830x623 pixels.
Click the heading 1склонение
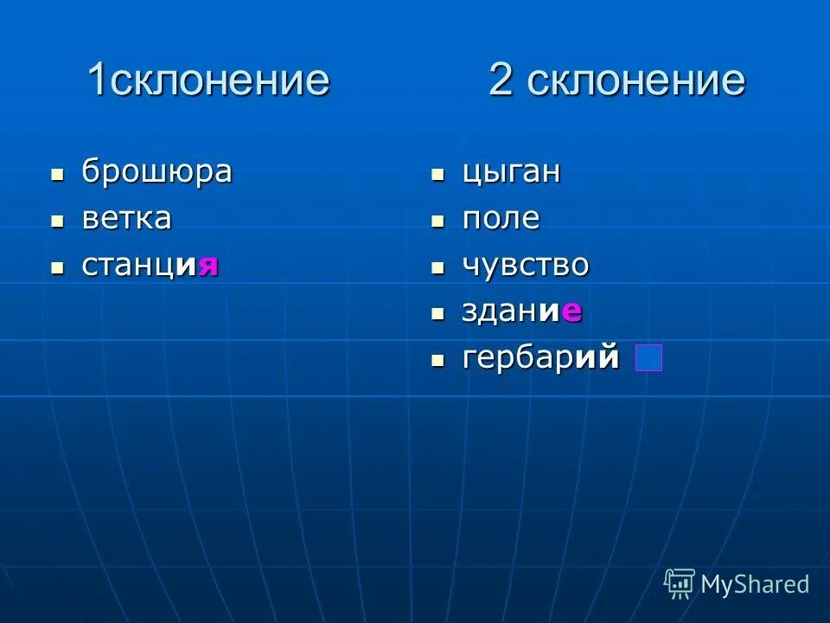pyautogui.click(x=207, y=80)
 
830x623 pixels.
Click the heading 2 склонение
pyautogui.click(x=616, y=80)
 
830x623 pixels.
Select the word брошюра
pyautogui.click(x=156, y=171)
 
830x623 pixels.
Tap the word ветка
pyautogui.click(x=126, y=218)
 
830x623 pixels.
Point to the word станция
pyautogui.click(x=150, y=264)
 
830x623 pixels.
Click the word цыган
pyautogui.click(x=511, y=172)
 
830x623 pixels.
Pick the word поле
pyautogui.click(x=501, y=218)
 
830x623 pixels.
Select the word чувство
pyautogui.click(x=526, y=265)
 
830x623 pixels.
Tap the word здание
pyautogui.click(x=521, y=311)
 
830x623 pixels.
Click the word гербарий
pyautogui.click(x=540, y=356)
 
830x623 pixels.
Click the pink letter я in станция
pyautogui.click(x=207, y=265)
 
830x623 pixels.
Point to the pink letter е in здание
pyautogui.click(x=571, y=311)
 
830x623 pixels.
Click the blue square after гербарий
pyautogui.click(x=648, y=357)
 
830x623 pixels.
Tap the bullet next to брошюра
pyautogui.click(x=58, y=174)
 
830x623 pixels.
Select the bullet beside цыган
pyautogui.click(x=438, y=174)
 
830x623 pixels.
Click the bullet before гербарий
pyautogui.click(x=438, y=358)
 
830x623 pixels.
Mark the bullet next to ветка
pyautogui.click(x=58, y=221)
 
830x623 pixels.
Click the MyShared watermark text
pyautogui.click(x=755, y=584)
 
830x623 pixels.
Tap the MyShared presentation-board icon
pyautogui.click(x=680, y=584)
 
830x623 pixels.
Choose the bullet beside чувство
pyautogui.click(x=438, y=267)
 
